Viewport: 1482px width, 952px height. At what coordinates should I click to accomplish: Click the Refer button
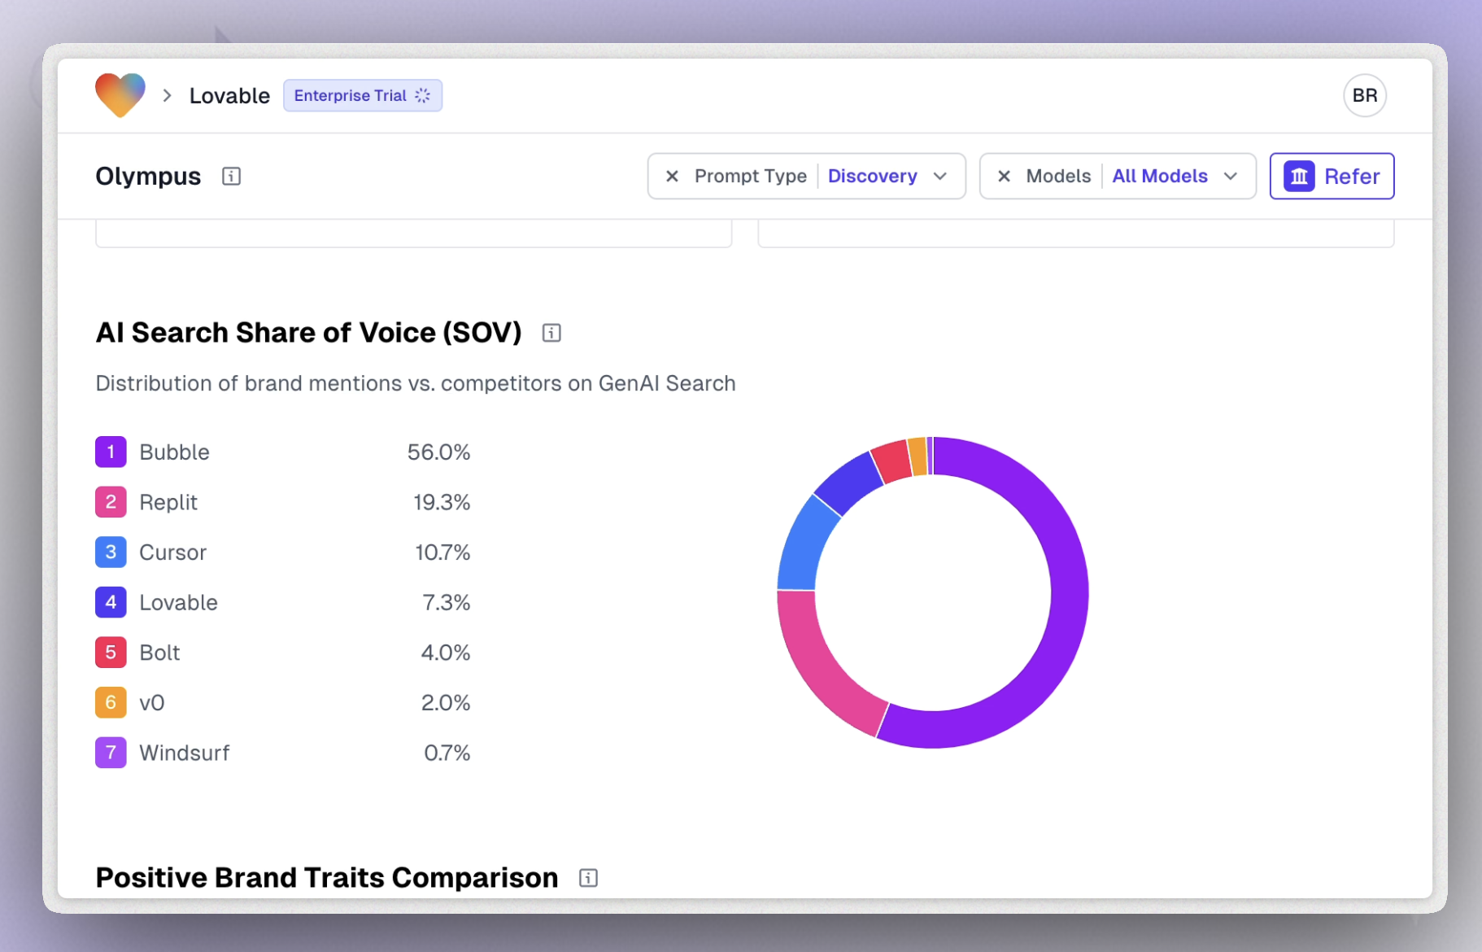pyautogui.click(x=1332, y=176)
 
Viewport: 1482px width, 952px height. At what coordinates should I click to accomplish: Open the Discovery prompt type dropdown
pyautogui.click(x=887, y=176)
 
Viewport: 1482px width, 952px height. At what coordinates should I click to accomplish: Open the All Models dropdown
pyautogui.click(x=1174, y=176)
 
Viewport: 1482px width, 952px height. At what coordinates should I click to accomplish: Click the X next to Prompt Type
pyautogui.click(x=672, y=176)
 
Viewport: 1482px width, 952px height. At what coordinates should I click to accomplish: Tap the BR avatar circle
pyautogui.click(x=1364, y=95)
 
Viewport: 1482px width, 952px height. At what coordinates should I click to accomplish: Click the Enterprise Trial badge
pyautogui.click(x=362, y=95)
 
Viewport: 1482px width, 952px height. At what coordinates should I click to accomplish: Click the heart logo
pyautogui.click(x=120, y=94)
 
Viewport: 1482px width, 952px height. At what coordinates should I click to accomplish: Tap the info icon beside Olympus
pyautogui.click(x=231, y=176)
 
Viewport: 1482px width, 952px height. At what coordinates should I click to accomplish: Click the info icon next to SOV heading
pyautogui.click(x=551, y=333)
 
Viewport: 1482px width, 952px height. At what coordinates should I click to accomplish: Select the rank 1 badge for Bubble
pyautogui.click(x=111, y=452)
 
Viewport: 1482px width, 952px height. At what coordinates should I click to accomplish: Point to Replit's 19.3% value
pyautogui.click(x=441, y=502)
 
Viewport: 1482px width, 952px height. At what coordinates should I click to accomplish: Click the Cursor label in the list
pyautogui.click(x=172, y=552)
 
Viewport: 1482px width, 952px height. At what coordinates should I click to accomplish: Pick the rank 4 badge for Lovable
pyautogui.click(x=111, y=602)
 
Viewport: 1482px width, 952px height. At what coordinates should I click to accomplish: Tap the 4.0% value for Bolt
pyautogui.click(x=445, y=653)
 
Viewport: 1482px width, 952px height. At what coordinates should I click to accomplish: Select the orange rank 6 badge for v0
pyautogui.click(x=111, y=702)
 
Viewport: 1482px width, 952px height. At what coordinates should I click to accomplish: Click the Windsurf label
pyautogui.click(x=184, y=753)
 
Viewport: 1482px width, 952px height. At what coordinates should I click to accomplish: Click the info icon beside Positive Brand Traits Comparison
pyautogui.click(x=588, y=878)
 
